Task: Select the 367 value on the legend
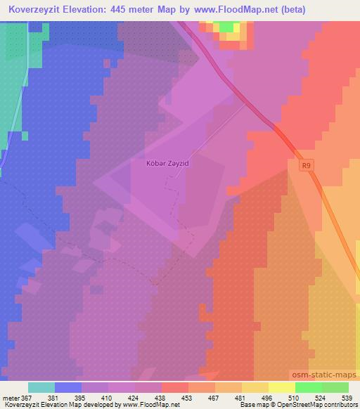27,397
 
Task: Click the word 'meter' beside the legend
10,397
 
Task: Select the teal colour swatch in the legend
41,387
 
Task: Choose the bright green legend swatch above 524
308,387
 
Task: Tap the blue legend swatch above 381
68,387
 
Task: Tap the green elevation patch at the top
226,26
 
